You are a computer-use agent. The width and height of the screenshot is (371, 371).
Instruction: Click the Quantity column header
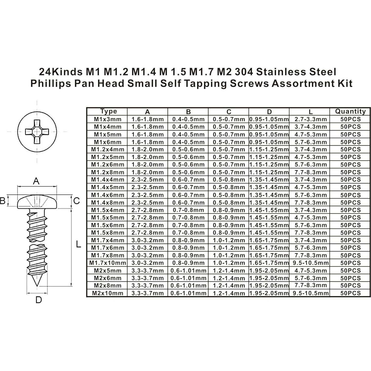click(x=350, y=111)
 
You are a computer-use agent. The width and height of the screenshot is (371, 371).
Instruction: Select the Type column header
click(x=108, y=111)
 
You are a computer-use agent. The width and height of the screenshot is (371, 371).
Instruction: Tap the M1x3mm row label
click(x=108, y=119)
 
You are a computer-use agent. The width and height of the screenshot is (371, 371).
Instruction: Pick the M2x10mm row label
click(x=108, y=293)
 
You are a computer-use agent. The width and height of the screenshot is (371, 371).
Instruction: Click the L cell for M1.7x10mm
click(x=310, y=263)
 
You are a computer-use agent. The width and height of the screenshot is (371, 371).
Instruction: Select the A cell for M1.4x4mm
click(x=147, y=180)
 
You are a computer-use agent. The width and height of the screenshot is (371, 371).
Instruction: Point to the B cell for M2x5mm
click(x=188, y=270)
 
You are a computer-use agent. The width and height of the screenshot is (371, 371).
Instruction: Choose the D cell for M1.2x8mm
click(x=269, y=172)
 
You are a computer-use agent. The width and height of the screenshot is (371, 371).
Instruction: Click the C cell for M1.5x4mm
click(x=229, y=210)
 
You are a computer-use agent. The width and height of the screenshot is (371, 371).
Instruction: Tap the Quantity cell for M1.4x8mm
click(x=350, y=203)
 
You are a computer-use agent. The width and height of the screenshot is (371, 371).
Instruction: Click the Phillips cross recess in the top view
click(x=37, y=131)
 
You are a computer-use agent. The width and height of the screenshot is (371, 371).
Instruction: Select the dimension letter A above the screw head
click(x=36, y=181)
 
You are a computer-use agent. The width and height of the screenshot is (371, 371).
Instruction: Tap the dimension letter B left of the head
click(x=3, y=201)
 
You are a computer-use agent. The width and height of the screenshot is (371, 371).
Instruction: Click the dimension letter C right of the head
click(x=76, y=201)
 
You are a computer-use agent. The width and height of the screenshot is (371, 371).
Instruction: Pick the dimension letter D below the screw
click(x=38, y=300)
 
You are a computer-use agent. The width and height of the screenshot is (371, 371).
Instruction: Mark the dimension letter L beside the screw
click(x=79, y=244)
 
